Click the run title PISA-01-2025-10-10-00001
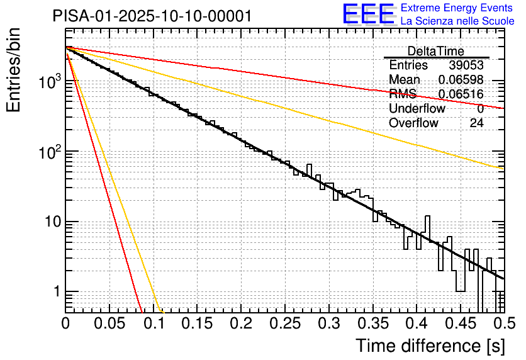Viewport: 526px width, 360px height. point(152,16)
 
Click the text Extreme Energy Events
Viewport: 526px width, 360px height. point(457,8)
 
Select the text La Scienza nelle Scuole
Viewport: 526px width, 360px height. point(457,21)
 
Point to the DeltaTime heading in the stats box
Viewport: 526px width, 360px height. point(435,52)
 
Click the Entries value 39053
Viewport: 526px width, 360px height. point(466,65)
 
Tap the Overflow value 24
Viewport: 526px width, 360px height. point(476,123)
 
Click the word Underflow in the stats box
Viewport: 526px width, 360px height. point(417,109)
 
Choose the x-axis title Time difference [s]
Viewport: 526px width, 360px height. point(430,346)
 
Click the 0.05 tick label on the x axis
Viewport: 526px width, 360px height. point(109,323)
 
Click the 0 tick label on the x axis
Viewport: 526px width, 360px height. point(65,323)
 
